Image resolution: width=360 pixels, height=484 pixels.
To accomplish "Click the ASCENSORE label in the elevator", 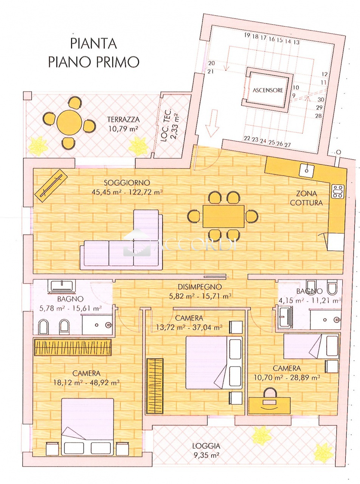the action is coord(268,90).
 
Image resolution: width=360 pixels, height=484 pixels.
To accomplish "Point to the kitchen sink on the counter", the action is coord(307,171).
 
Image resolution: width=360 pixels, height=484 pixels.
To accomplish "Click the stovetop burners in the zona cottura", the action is coord(338,191).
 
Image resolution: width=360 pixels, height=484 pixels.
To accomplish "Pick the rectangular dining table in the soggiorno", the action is coord(223,216).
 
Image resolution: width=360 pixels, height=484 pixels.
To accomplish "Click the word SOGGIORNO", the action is coord(127,182).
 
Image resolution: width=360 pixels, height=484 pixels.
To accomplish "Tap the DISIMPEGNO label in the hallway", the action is coord(200,287).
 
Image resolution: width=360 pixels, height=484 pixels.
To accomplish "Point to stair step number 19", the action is coord(247,35).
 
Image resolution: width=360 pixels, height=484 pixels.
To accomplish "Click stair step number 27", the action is coord(287,144).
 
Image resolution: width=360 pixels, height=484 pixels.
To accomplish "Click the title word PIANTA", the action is coord(93,43).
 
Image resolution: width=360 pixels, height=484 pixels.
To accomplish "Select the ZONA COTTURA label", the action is coord(306,198).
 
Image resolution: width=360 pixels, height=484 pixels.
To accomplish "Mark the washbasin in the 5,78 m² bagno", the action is coord(63,287).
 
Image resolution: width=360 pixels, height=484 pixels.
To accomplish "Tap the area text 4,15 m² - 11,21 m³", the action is coord(310,301).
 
